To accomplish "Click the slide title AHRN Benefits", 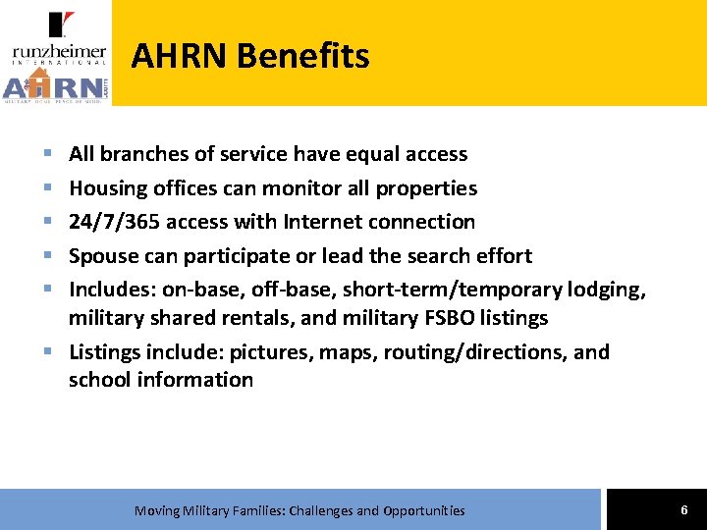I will pos(250,56).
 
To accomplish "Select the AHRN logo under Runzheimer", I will pos(55,85).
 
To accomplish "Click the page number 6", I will pos(684,510).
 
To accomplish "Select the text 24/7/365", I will pos(114,222).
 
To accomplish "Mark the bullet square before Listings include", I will pos(48,352).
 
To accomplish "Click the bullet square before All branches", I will pos(48,154).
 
